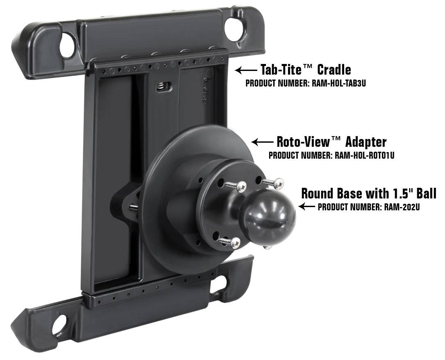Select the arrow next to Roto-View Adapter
click(262, 142)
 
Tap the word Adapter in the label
click(366, 142)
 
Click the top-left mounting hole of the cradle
click(67, 45)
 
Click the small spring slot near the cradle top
click(164, 87)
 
